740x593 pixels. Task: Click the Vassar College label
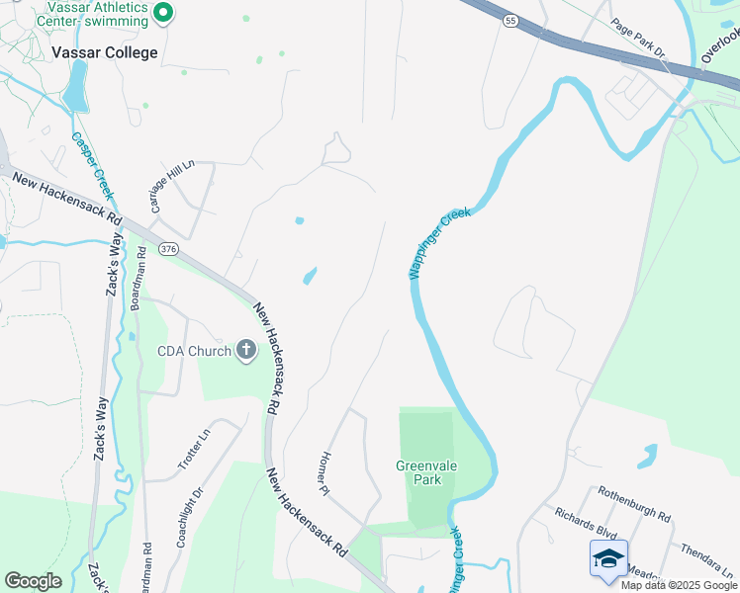point(105,52)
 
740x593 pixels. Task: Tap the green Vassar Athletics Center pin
point(164,13)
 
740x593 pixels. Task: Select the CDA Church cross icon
point(246,349)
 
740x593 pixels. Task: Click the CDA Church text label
point(194,350)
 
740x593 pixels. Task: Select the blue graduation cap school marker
point(608,558)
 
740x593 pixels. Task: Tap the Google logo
point(33,581)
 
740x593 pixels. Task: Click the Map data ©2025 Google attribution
point(680,585)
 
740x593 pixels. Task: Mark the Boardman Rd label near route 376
point(139,280)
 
